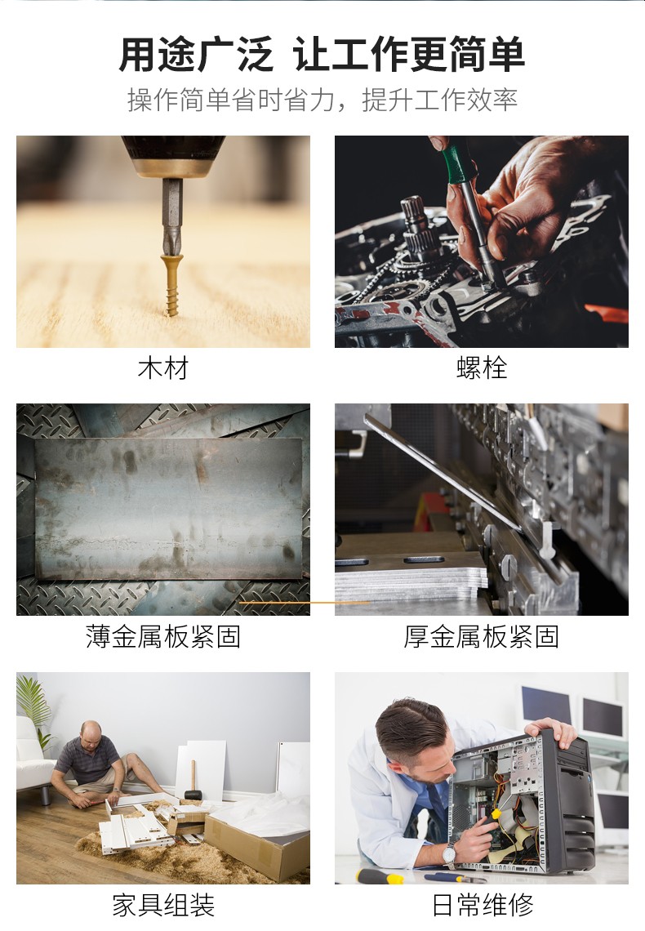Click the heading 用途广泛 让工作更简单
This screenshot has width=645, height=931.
322,56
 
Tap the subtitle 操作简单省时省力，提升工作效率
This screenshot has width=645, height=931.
322,100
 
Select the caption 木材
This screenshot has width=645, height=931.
162,368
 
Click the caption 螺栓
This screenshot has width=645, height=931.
481,368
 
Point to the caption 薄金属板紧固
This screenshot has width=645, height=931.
162,636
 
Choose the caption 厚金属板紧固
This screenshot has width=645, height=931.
481,636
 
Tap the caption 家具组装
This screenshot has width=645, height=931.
162,905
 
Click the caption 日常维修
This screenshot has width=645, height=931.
481,905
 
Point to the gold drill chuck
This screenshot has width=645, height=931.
172,167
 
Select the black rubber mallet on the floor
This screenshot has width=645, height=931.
193,791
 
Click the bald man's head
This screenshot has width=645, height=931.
91,730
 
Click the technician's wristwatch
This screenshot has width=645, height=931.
448,855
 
